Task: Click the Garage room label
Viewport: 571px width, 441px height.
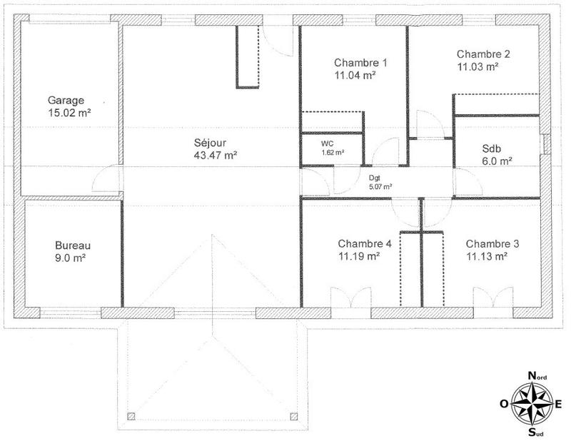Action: [x=66, y=100]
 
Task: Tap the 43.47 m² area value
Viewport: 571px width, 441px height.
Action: [x=216, y=154]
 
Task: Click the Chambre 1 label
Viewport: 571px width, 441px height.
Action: [x=355, y=61]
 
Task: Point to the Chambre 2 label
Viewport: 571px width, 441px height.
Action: [x=483, y=54]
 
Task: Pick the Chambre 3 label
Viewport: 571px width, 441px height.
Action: [x=492, y=243]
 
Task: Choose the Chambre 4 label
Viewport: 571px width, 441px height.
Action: [x=365, y=243]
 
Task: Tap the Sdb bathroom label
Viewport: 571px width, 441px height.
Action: [x=492, y=149]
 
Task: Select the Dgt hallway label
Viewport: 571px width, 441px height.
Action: [x=375, y=178]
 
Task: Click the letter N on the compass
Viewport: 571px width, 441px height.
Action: [x=532, y=375]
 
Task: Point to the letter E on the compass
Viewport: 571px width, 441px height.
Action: [x=559, y=404]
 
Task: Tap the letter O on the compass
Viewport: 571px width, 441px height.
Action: [x=504, y=404]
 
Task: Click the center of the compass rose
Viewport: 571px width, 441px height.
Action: [x=532, y=404]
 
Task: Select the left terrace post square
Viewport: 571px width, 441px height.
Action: [x=130, y=416]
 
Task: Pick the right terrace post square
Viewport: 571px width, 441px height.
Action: [x=293, y=416]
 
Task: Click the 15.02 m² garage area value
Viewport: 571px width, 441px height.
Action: [x=69, y=112]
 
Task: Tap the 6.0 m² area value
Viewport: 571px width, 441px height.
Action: [x=497, y=161]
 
